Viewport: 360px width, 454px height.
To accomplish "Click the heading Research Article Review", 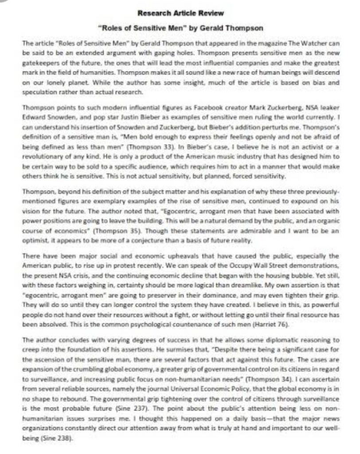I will [x=180, y=14].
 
